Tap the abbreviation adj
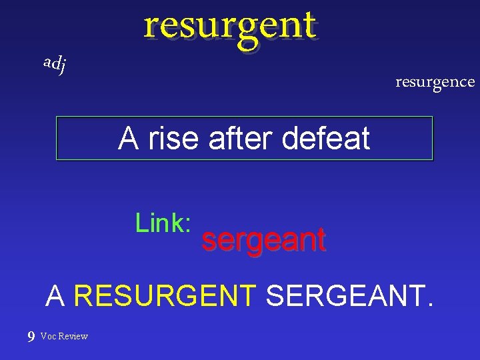pos(54,64)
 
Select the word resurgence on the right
pos(435,82)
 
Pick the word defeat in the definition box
pos(326,139)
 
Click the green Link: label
pos(163,223)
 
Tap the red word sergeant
pos(263,240)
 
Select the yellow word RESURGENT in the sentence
pos(165,295)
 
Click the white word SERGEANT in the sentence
pos(344,295)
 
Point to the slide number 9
pos(31,337)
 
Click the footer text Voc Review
pos(64,336)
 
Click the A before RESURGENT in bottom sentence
pos(56,295)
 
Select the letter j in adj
pos(62,65)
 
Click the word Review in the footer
pos(73,336)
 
